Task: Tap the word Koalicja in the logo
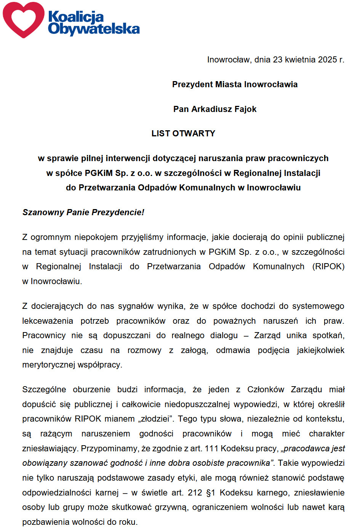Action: [76, 17]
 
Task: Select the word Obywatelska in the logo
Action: [94, 29]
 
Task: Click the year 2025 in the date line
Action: [327, 59]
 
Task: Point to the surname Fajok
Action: [245, 109]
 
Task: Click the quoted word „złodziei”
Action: [155, 419]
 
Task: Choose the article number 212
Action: [195, 493]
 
